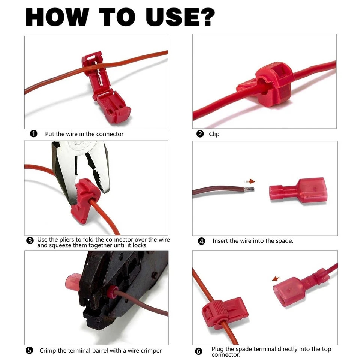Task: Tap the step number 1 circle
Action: tap(33, 134)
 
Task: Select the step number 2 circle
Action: tap(200, 134)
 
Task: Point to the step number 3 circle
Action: tap(30, 241)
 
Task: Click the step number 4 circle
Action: tap(202, 241)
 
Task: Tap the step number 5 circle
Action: tap(29, 350)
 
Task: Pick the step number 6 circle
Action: tap(199, 351)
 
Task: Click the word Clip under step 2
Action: tap(214, 134)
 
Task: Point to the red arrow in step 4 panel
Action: tap(250, 181)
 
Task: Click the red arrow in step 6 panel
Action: tap(276, 279)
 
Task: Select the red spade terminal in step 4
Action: tap(298, 190)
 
